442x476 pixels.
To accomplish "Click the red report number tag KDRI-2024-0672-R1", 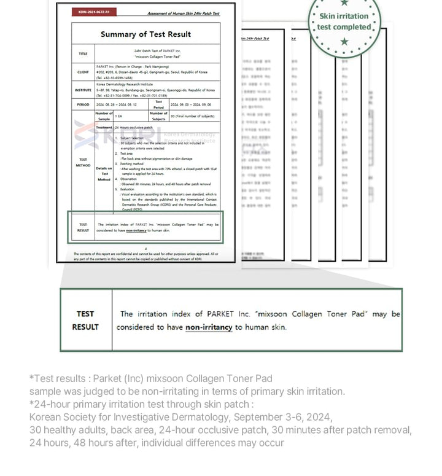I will tap(90, 12).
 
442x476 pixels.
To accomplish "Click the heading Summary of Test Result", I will tap(145, 34).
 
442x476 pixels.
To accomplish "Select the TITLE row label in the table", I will tap(83, 53).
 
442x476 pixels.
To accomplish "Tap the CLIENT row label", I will tap(83, 72).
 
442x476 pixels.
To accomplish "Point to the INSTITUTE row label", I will tap(83, 90).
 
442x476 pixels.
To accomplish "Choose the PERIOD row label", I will tap(83, 104).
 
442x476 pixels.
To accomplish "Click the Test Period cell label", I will tap(158, 104).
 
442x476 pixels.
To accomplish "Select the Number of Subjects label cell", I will tap(158, 115).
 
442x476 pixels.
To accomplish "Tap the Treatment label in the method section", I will tap(104, 127).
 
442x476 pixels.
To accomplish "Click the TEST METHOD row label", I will tap(83, 163).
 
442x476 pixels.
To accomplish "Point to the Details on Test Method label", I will tap(104, 174).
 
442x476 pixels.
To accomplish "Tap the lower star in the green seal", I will tap(344, 42).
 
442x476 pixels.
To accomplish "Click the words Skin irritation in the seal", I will tap(344, 17).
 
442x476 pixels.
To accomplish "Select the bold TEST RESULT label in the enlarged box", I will tap(85, 320).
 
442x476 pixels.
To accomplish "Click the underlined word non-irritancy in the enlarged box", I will tap(209, 327).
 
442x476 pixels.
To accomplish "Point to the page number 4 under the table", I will tap(145, 249).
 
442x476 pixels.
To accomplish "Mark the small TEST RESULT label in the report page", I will tap(83, 227).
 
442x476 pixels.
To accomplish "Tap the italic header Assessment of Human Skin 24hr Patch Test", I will tap(183, 13).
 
